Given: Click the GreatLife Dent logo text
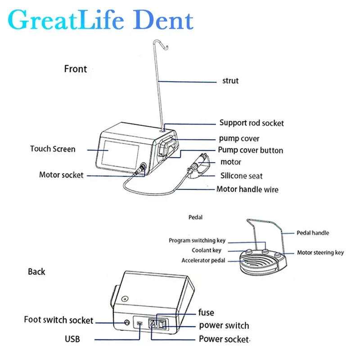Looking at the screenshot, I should click(x=100, y=20).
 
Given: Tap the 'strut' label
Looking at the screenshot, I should click(x=230, y=81).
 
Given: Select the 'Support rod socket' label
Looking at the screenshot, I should click(x=252, y=122).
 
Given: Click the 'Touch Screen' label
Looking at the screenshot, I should click(x=53, y=148).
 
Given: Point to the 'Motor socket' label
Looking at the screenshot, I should click(x=61, y=175).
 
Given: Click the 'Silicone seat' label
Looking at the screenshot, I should click(x=241, y=176).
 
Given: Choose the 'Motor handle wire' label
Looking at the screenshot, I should click(x=247, y=189).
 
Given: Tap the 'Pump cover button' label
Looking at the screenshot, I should click(x=251, y=150).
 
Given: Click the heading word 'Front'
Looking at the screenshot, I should click(x=76, y=69).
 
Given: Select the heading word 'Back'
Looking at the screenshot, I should click(x=36, y=271).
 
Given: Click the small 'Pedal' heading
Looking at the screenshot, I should click(x=195, y=217).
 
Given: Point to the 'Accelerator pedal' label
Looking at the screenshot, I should click(x=203, y=261).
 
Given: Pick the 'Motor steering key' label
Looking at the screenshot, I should click(x=320, y=252).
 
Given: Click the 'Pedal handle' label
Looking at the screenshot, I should click(x=312, y=233).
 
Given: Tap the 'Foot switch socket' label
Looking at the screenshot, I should click(x=58, y=320).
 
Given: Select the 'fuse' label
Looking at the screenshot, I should click(x=206, y=312).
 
